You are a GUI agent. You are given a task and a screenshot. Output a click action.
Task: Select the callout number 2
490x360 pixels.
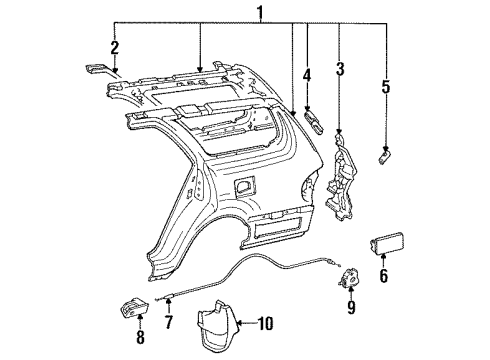coord(114,47)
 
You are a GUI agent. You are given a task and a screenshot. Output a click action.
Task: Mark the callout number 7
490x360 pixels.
coord(169,322)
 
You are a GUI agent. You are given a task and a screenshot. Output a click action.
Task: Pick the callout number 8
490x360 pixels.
coord(140,322)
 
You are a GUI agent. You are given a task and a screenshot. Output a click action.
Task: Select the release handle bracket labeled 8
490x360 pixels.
coord(141,286)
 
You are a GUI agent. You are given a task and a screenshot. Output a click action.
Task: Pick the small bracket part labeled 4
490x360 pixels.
coord(313,120)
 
